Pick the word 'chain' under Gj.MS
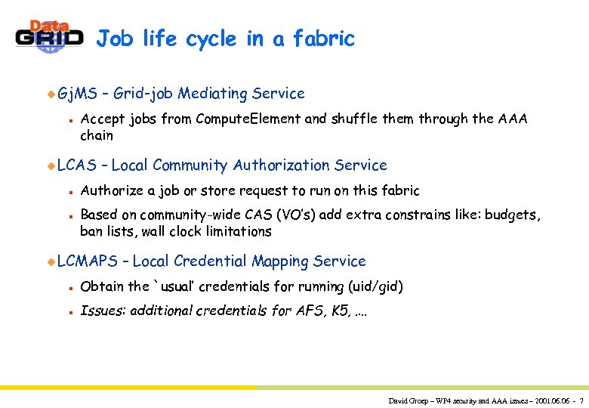pos(97,136)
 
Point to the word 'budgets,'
pos(513,215)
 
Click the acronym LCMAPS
pos(87,261)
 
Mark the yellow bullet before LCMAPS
pos(51,261)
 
